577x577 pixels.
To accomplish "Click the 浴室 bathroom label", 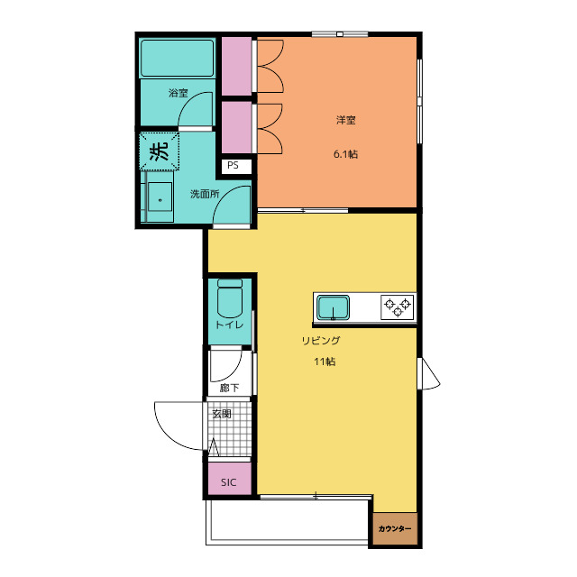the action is [179, 93].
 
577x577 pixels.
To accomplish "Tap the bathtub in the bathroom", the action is [177, 58].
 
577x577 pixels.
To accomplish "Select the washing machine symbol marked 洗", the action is [160, 151].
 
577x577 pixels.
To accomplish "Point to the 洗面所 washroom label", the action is [205, 194].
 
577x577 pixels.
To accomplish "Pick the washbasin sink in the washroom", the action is [160, 197].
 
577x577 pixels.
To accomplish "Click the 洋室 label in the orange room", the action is [346, 120].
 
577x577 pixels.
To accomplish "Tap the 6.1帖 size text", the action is [345, 154].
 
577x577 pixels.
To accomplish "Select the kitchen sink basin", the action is [333, 307].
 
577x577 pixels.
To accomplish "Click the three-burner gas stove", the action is [398, 307].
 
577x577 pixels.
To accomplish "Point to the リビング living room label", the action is [321, 341].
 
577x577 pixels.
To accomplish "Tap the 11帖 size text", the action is [325, 362].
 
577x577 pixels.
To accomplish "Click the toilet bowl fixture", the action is [230, 298].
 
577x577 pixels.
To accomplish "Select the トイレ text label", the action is [229, 325].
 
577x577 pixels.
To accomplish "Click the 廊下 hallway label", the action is [229, 388].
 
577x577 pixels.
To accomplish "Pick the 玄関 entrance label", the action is [222, 414].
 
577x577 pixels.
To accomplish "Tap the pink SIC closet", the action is [230, 479].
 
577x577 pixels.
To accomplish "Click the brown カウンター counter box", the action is [395, 528].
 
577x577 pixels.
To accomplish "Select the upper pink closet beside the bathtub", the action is [236, 66].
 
